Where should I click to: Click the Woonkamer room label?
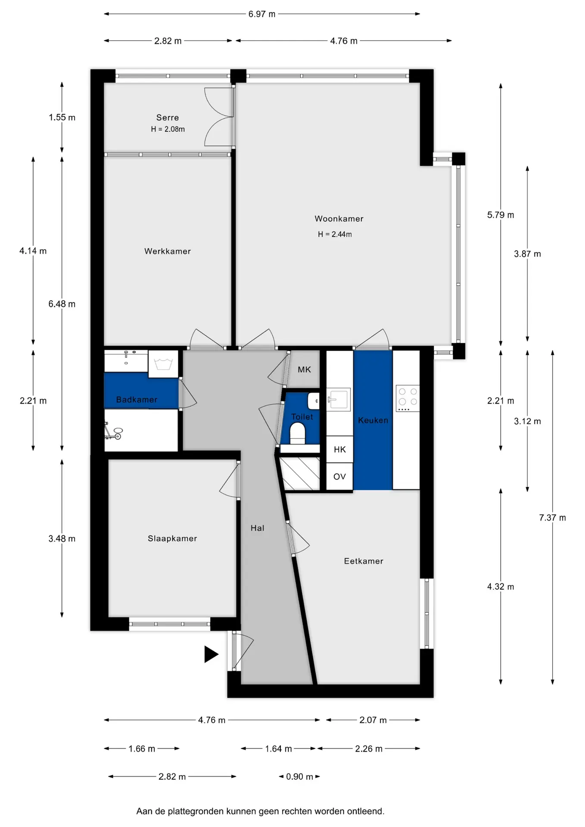[339, 219]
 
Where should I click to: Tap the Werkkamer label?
[168, 251]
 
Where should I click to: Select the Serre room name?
[168, 118]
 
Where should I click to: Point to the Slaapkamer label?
[172, 538]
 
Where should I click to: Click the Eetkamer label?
[364, 561]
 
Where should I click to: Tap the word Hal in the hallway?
[258, 528]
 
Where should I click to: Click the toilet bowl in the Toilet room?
[298, 433]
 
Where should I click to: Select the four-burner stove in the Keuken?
[408, 398]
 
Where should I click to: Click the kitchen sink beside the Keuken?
[339, 399]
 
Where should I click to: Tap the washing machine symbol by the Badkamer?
[163, 364]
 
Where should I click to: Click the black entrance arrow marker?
[211, 654]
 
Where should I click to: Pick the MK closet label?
[305, 370]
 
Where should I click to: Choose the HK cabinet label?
[340, 450]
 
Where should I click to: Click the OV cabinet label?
[340, 477]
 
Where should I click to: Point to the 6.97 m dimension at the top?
[262, 14]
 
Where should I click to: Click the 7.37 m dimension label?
[553, 518]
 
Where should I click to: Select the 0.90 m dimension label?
[300, 777]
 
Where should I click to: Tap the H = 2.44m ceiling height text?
[335, 234]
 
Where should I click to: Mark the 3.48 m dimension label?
[62, 538]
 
